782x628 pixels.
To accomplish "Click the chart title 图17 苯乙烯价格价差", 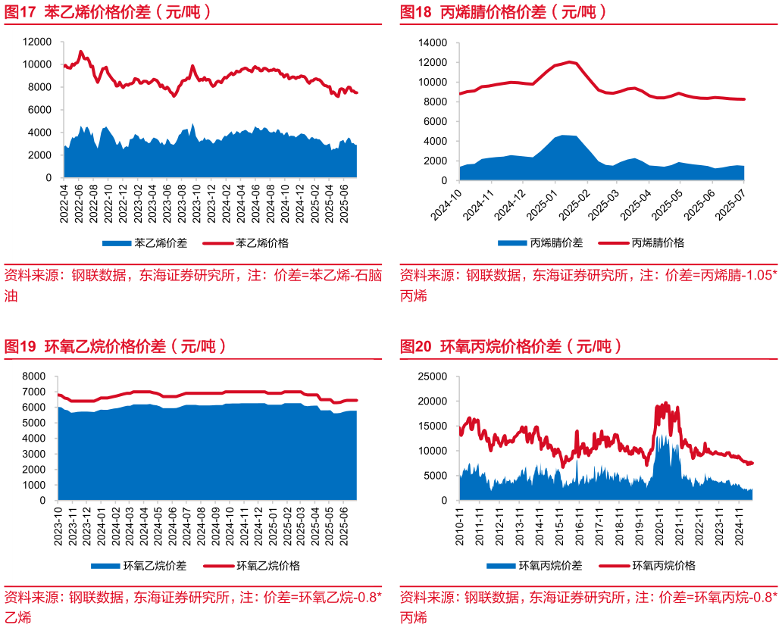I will click(x=107, y=12).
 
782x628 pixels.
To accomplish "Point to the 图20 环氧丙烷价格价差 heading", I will click(x=511, y=347).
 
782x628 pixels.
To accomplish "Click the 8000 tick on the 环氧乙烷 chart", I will click(x=34, y=376).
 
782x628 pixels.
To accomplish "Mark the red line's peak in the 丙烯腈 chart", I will click(x=570, y=62).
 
